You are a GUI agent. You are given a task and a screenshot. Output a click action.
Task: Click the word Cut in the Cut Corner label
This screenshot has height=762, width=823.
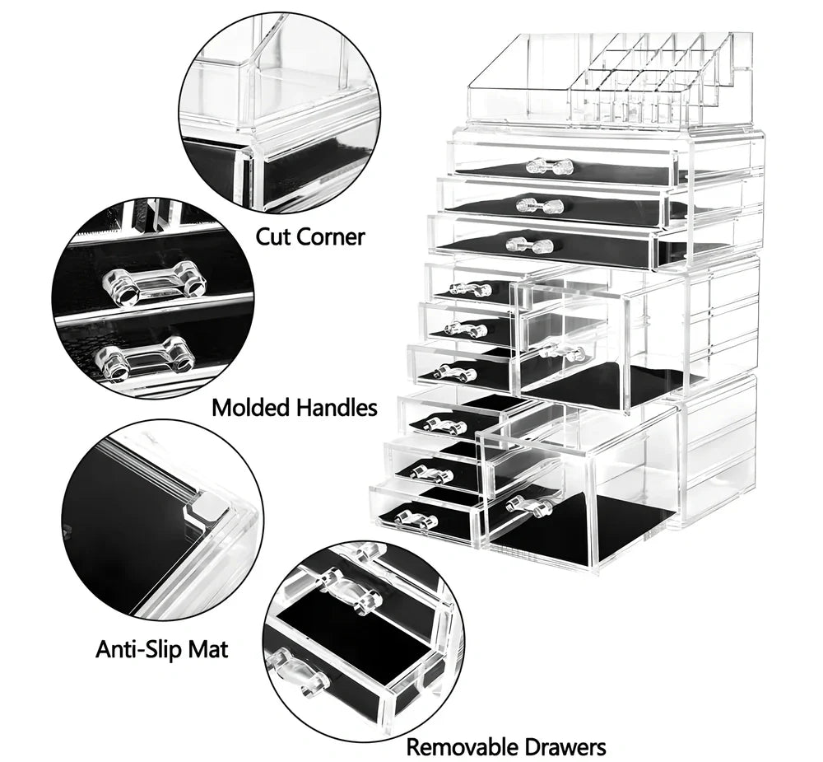pos(273,237)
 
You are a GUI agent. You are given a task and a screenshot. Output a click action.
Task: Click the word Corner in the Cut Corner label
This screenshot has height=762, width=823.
pos(328,237)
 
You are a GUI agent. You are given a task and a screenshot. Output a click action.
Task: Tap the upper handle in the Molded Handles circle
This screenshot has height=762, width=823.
pos(154,284)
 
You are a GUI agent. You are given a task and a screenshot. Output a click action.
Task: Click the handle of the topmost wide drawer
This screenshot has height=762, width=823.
pos(549,166)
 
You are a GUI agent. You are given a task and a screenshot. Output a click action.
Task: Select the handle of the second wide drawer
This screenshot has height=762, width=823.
pos(539,206)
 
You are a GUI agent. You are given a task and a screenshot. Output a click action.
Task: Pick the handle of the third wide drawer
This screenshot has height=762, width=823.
pos(529,245)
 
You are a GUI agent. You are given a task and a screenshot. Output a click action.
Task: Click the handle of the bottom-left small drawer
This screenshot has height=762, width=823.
pos(416,520)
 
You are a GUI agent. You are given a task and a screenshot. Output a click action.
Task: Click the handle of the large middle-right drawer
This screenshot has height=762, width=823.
pos(563,353)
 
